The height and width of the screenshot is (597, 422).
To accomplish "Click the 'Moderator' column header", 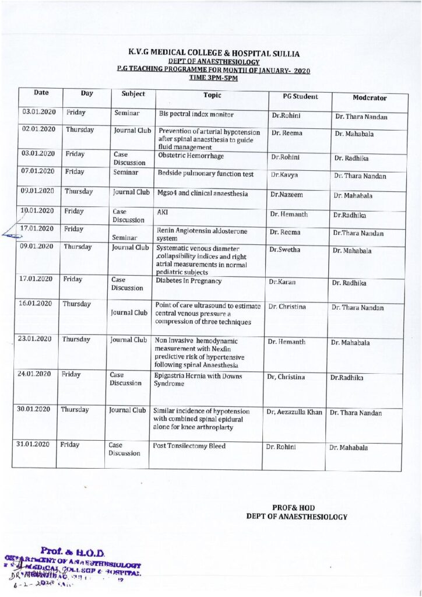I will pos(370,98).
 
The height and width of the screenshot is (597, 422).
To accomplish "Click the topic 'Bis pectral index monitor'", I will pos(196,114).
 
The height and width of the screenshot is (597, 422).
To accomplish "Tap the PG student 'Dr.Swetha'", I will pos(284,249).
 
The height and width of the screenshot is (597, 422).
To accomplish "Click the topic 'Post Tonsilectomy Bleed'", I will pos(189,446).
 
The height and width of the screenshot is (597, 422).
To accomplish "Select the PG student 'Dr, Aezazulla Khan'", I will pos(294,412).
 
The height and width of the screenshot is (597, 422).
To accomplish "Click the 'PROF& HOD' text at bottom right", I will pos(293,508).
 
